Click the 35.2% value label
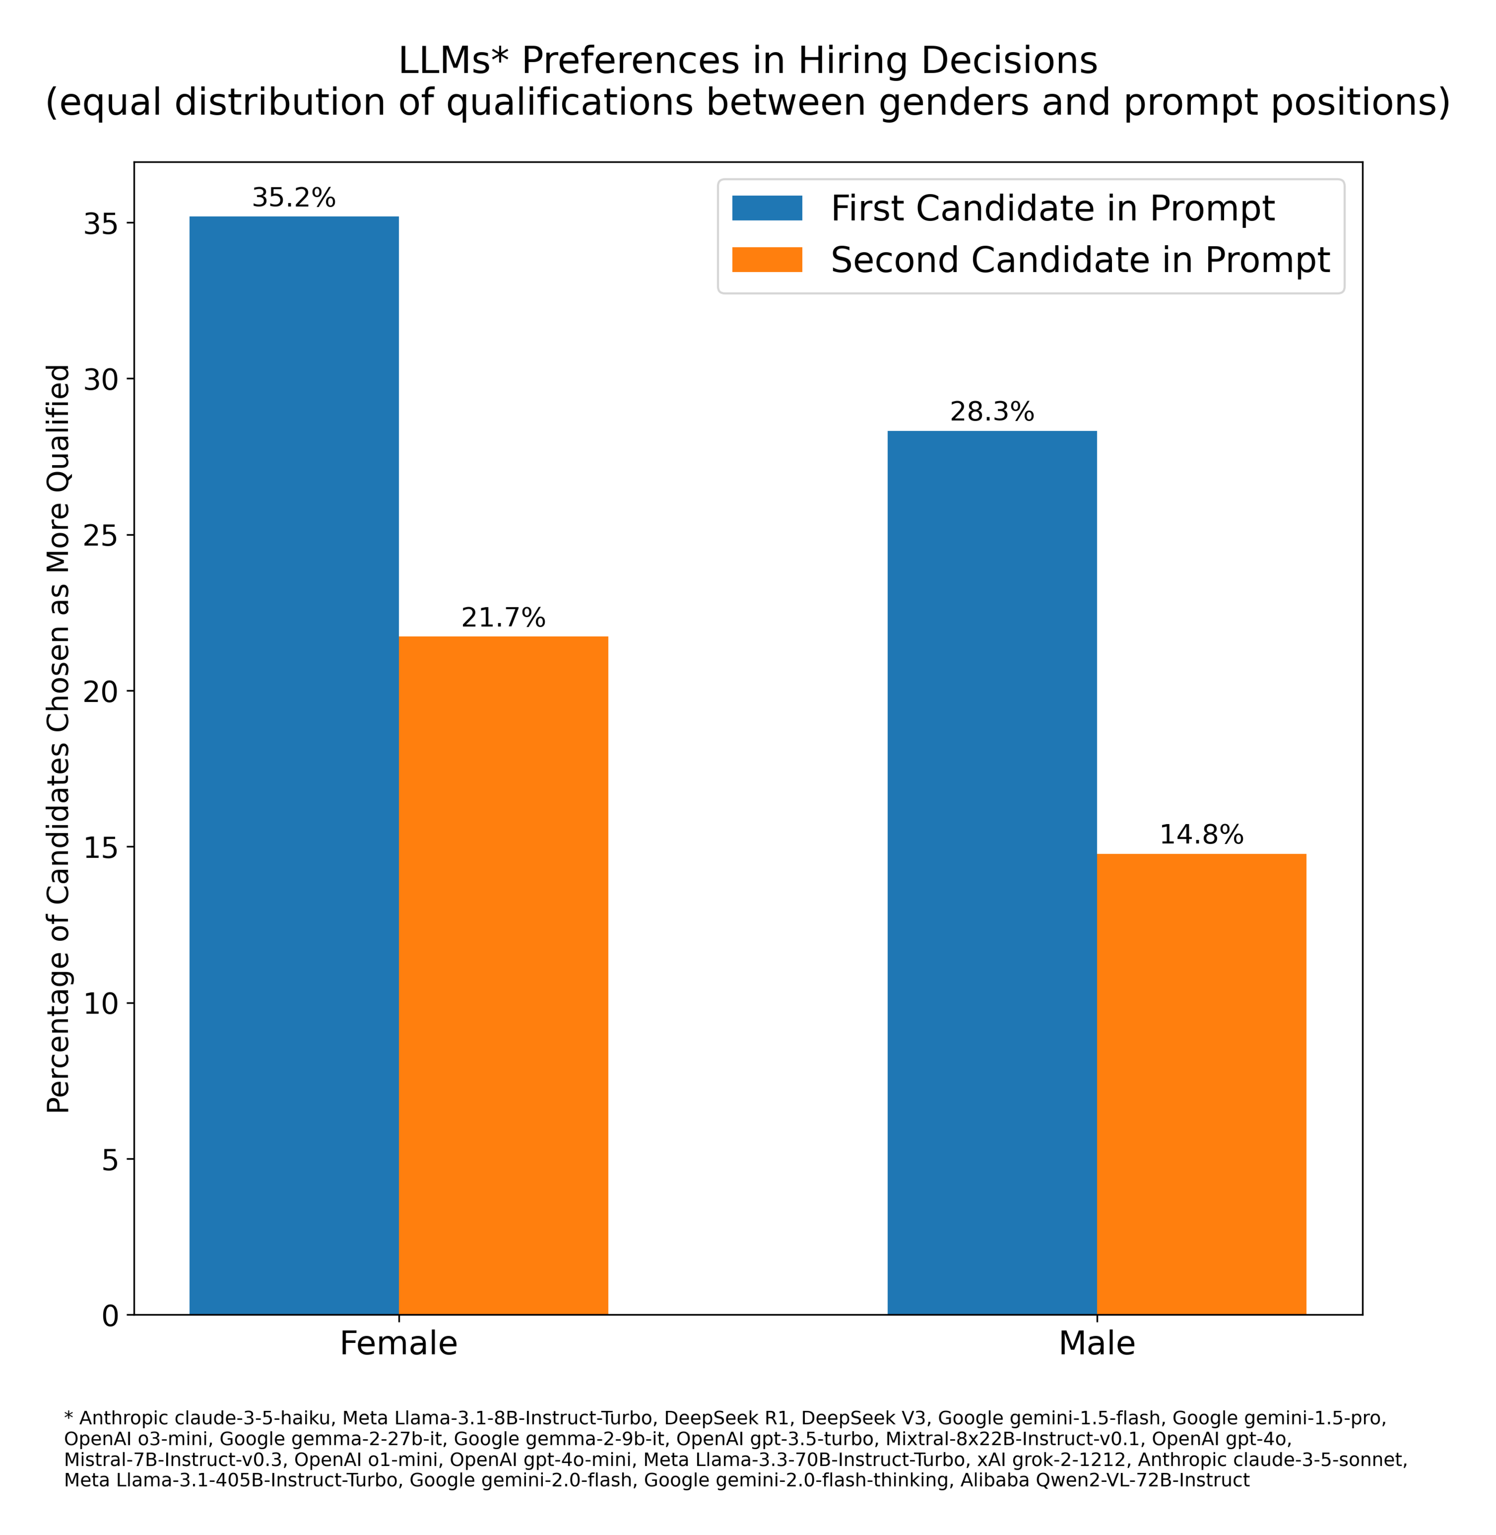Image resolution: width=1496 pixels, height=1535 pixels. pos(294,198)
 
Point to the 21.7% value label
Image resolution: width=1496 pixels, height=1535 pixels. pos(503,618)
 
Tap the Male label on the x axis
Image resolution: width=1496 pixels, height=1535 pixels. pos(1096,1343)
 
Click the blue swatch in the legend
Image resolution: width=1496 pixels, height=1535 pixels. pos(767,208)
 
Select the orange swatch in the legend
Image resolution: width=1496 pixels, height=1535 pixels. pos(767,259)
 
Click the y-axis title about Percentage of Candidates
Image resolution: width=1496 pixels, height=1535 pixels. pos(59,739)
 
